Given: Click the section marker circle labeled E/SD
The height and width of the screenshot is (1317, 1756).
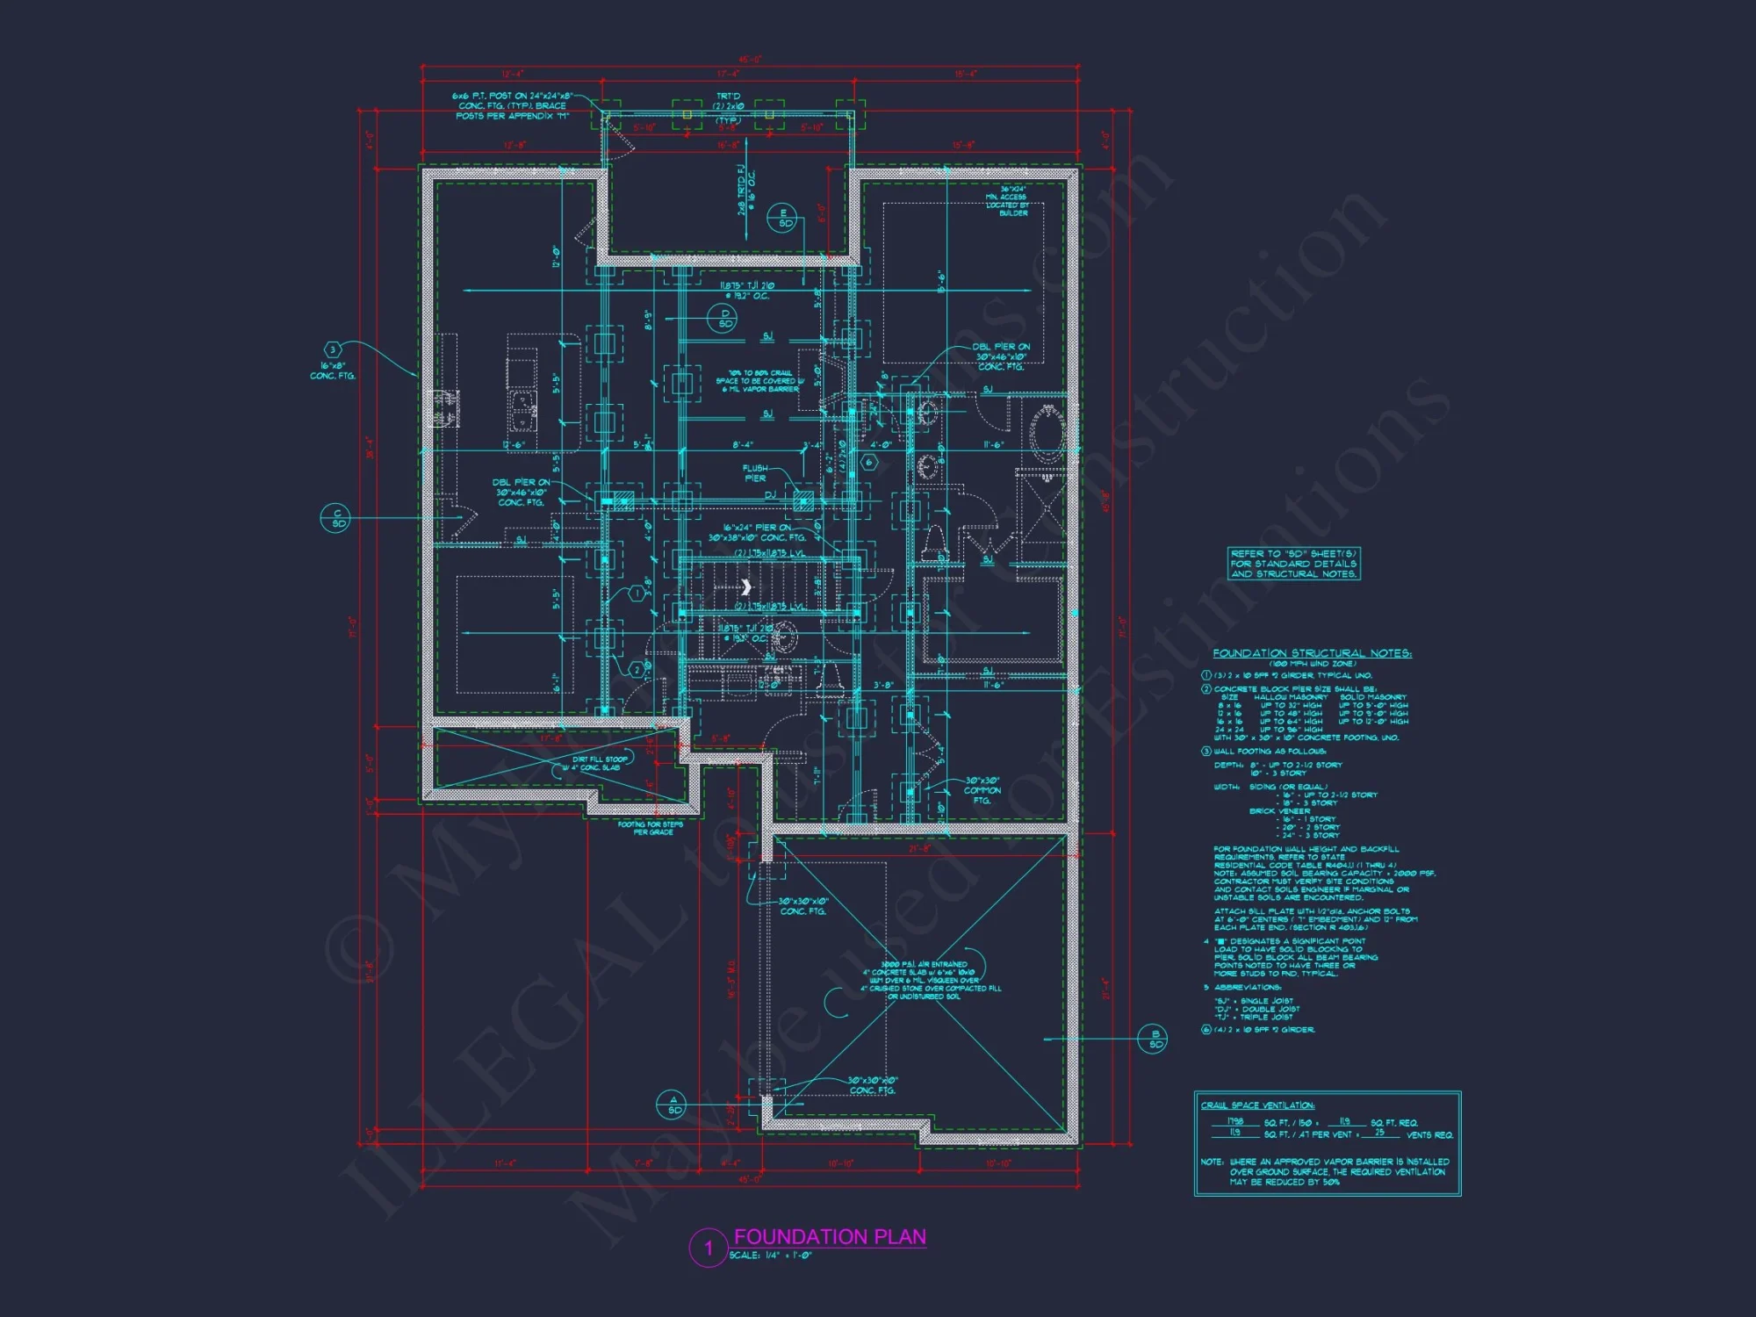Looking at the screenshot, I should pyautogui.click(x=782, y=218).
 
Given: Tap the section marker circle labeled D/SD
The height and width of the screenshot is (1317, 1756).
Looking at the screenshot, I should pyautogui.click(x=724, y=319).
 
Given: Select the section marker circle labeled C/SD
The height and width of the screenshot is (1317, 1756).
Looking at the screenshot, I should pyautogui.click(x=337, y=518).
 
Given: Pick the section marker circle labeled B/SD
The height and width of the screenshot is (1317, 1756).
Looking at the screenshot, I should pyautogui.click(x=1154, y=1039).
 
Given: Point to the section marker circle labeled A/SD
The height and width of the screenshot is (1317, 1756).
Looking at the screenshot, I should pyautogui.click(x=673, y=1105).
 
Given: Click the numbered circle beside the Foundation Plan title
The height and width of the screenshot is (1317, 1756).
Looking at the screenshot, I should pyautogui.click(x=709, y=1248).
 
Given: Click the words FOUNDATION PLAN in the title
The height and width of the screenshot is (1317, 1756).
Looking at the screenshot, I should pyautogui.click(x=830, y=1237).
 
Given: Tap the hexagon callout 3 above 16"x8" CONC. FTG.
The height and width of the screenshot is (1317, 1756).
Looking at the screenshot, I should pyautogui.click(x=333, y=350).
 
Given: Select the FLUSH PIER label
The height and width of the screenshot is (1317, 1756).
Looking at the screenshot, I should pyautogui.click(x=755, y=473).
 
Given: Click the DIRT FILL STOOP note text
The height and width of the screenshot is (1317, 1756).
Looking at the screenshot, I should pyautogui.click(x=599, y=763).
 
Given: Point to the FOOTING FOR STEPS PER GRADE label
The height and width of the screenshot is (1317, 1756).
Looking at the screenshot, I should pyautogui.click(x=651, y=828).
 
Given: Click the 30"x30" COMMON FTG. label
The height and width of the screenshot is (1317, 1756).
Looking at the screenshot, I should pyautogui.click(x=982, y=790).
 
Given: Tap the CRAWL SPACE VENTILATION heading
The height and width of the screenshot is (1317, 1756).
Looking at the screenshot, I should pyautogui.click(x=1257, y=1105).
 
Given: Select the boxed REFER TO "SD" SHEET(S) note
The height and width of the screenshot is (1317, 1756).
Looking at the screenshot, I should pyautogui.click(x=1293, y=564).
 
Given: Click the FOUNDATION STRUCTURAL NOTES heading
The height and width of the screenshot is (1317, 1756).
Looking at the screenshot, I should pyautogui.click(x=1312, y=653).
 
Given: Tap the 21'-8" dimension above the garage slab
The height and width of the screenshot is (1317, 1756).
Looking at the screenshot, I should pyautogui.click(x=919, y=849).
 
